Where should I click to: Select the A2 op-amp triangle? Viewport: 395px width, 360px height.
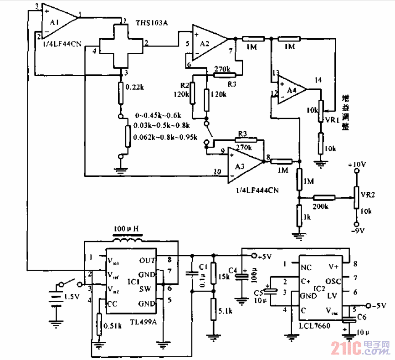[x=207, y=42]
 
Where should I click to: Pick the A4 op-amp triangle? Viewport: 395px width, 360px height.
[x=292, y=90]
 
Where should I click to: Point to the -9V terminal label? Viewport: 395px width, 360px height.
[x=357, y=231]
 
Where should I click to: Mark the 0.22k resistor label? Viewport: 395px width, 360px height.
[x=134, y=86]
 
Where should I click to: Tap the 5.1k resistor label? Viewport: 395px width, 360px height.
[x=225, y=312]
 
